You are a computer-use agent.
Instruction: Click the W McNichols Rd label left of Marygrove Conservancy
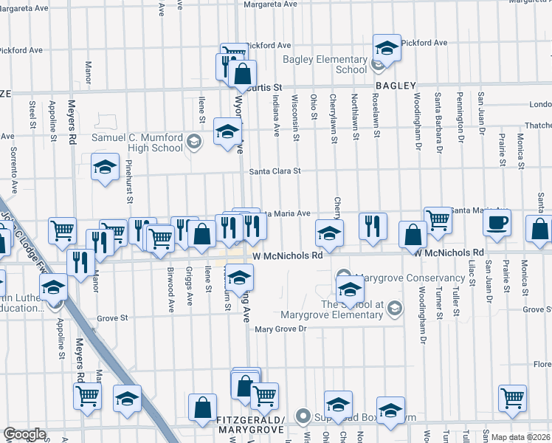[287, 255]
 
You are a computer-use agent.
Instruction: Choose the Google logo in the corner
[24, 434]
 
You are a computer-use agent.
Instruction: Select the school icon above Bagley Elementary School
[387, 47]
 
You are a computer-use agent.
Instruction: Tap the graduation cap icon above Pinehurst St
[106, 167]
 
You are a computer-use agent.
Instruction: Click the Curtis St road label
[265, 87]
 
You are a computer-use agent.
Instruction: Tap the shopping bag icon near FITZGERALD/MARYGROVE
[202, 407]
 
